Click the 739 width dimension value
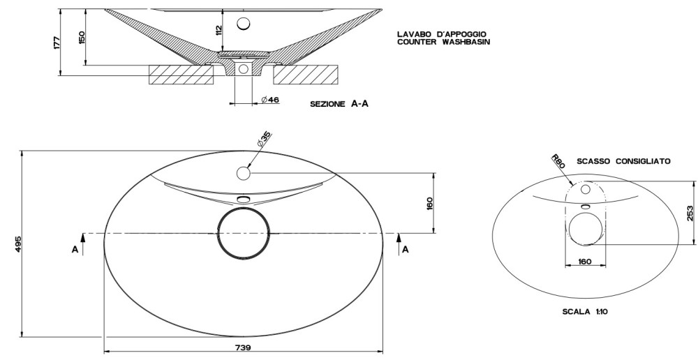click(242, 347)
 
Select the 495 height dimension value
click(18, 244)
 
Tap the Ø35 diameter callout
click(264, 140)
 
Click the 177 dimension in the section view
click(57, 43)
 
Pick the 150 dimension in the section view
click(82, 38)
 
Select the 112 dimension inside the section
click(218, 31)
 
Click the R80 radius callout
click(558, 161)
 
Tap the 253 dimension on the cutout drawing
click(690, 213)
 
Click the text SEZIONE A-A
click(339, 104)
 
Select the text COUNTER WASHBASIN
click(443, 43)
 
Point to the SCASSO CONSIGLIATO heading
click(623, 162)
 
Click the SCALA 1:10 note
click(585, 311)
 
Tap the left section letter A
click(75, 250)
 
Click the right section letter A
click(405, 250)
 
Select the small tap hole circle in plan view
click(244, 173)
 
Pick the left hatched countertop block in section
click(181, 75)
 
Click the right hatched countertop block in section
click(306, 75)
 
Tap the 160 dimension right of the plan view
click(429, 203)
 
